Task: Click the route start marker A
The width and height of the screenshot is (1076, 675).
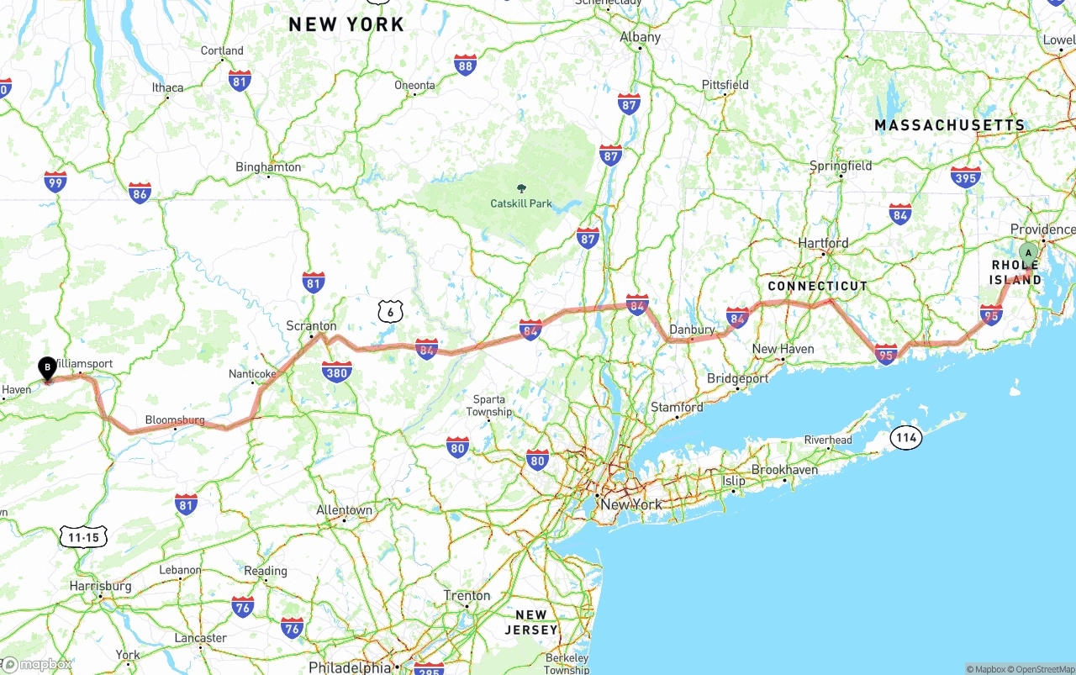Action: pos(1027,252)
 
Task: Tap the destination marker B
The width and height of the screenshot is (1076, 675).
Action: pos(48,367)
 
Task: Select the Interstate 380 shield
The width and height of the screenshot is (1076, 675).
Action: pos(337,372)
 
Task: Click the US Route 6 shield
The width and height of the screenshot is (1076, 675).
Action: pos(388,312)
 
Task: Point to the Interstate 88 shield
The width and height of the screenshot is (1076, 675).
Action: pos(465,65)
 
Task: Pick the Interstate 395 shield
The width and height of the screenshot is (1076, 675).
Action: pos(966,177)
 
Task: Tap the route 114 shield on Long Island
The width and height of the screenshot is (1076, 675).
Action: pos(906,437)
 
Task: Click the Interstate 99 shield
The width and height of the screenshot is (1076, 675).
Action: pos(55,182)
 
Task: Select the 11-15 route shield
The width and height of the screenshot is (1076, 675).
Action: pos(84,537)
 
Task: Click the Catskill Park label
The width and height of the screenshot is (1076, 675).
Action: pos(521,203)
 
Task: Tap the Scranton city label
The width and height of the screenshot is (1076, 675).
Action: pos(311,326)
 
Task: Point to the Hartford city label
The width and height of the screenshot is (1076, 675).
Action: pos(823,243)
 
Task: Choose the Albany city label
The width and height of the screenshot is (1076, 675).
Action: pos(641,37)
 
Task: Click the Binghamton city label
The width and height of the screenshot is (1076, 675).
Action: pos(268,167)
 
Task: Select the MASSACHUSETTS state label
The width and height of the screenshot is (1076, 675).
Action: pos(950,126)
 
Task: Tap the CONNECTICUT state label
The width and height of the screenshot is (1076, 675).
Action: pos(817,287)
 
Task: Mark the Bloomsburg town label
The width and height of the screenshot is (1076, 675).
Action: pos(175,419)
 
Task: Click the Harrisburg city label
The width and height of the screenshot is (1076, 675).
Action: pos(101,586)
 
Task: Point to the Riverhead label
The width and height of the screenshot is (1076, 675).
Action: pos(828,440)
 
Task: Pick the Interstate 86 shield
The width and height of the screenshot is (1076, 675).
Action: pos(140,193)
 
